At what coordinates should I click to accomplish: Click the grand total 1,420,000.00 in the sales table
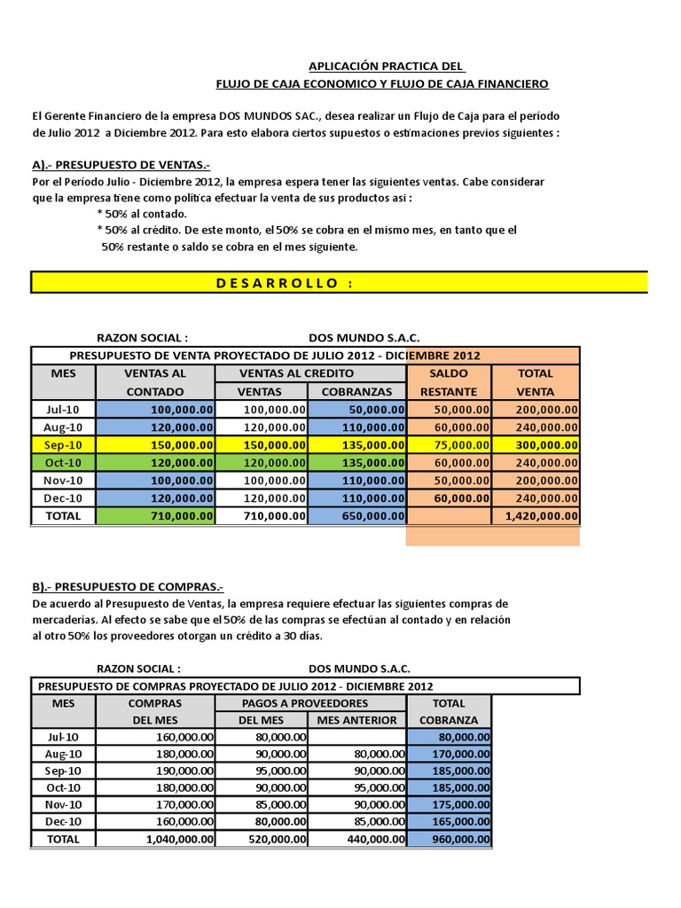[x=541, y=516]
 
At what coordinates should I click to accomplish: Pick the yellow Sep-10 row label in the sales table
[x=63, y=445]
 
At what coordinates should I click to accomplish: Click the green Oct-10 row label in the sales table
[x=63, y=463]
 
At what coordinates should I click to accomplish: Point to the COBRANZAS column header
[x=356, y=392]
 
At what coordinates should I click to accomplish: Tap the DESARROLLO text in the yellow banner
[x=278, y=283]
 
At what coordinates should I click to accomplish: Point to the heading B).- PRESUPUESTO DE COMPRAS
[x=127, y=587]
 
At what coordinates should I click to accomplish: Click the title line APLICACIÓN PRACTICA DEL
[x=385, y=67]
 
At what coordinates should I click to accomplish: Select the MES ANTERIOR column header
[x=356, y=720]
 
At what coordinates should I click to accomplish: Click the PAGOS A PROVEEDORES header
[x=309, y=703]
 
